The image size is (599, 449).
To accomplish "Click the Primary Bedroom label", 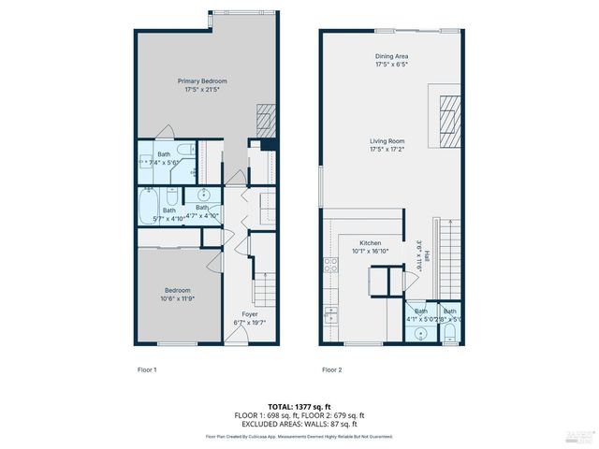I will (202, 81).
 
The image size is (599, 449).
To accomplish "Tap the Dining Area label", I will (391, 56).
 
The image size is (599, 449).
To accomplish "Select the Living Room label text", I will (391, 140).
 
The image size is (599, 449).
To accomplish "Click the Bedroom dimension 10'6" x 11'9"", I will (178, 299).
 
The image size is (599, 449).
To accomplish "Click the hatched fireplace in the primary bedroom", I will (267, 119).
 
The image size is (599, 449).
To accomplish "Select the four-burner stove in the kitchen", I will (330, 266).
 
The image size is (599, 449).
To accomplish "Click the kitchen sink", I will (330, 316).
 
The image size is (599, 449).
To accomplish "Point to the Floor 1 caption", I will (147, 369).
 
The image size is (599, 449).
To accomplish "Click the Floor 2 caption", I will (332, 369).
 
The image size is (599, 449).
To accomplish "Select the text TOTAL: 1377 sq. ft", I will (299, 406).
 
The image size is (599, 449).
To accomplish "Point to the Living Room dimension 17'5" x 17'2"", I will (391, 149).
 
